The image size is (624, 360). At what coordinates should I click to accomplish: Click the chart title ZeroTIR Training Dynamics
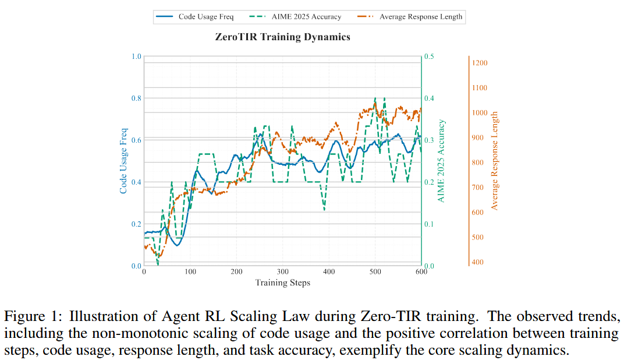[x=282, y=37]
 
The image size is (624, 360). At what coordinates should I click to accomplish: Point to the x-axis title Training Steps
[x=282, y=283]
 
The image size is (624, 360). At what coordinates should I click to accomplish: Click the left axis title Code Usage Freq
[x=123, y=161]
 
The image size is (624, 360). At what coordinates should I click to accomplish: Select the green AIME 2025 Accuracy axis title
[x=441, y=161]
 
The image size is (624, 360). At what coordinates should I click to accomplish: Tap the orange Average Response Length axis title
[x=494, y=161]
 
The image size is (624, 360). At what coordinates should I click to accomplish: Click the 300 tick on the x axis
[x=282, y=272]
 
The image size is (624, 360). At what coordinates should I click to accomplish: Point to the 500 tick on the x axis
[x=375, y=272]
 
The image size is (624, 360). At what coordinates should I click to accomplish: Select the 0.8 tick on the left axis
[x=136, y=98]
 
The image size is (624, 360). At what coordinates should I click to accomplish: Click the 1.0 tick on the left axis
[x=136, y=57]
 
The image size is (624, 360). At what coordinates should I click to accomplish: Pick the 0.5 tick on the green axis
[x=429, y=57]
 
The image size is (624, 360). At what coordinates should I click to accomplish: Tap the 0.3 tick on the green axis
[x=429, y=140]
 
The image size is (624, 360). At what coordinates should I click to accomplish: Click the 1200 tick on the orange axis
[x=480, y=63]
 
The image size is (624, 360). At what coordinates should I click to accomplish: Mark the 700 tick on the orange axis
[x=480, y=188]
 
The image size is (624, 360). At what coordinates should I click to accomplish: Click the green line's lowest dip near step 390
[x=324, y=210]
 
